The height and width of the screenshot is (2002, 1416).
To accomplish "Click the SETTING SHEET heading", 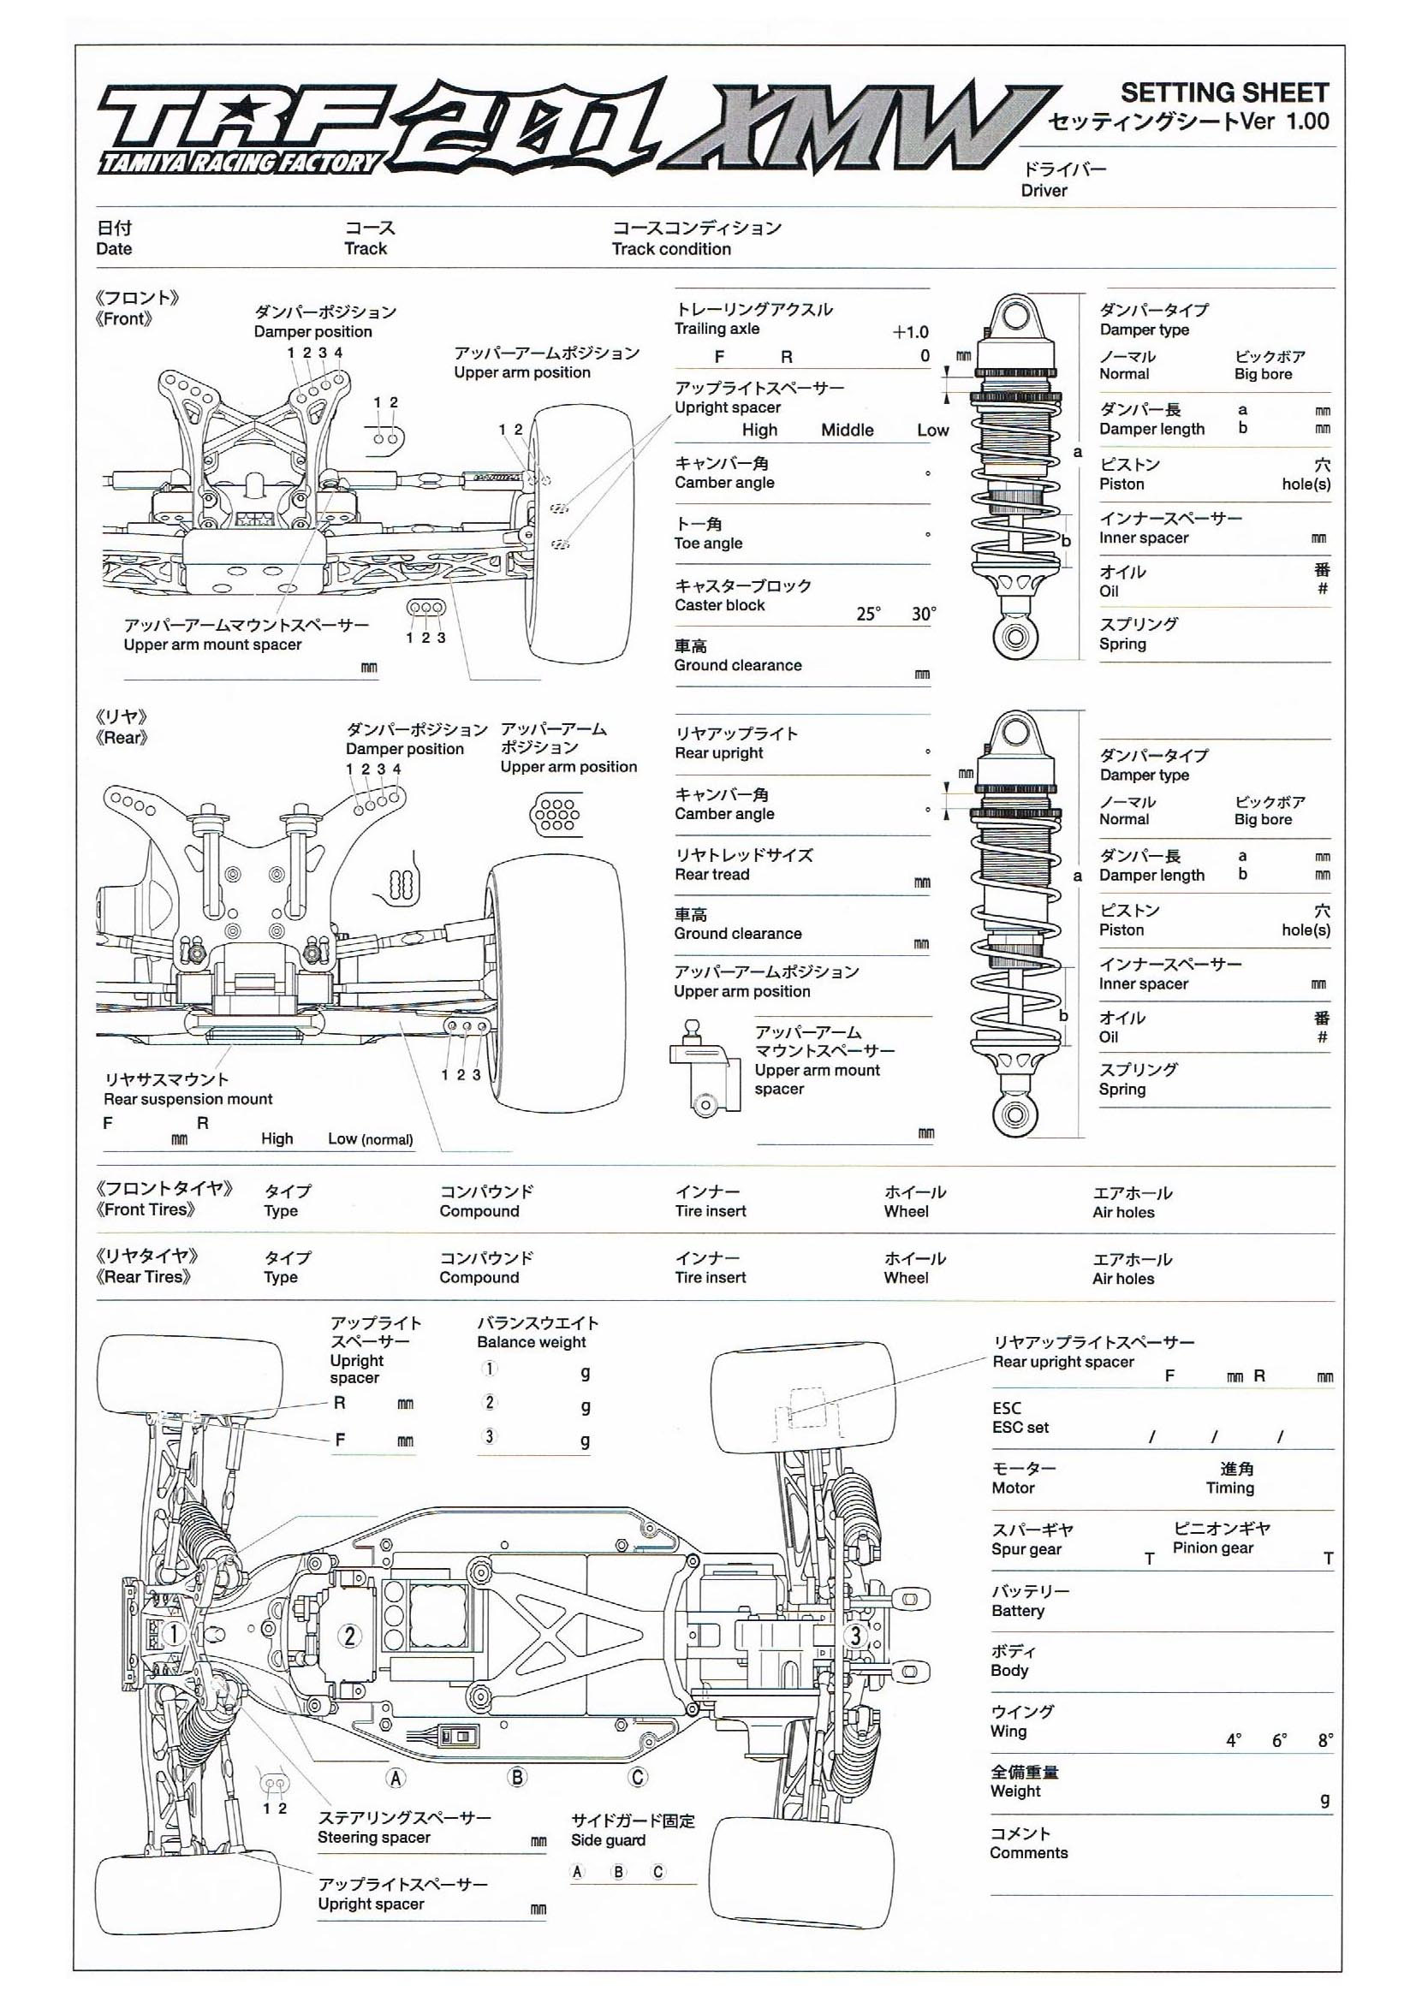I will (1223, 92).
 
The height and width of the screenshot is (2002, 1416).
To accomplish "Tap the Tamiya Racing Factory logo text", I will (241, 162).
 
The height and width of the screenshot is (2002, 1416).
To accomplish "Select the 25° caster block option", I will (867, 614).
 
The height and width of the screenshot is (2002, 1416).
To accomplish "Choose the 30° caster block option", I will (924, 614).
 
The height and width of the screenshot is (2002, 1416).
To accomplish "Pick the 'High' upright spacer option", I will (759, 430).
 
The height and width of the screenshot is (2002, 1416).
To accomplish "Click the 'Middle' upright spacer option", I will (847, 430).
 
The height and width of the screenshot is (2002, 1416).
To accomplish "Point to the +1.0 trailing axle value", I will (910, 332).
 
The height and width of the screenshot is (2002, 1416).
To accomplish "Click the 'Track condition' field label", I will (670, 249).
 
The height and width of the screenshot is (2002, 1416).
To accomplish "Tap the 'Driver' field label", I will (1044, 191).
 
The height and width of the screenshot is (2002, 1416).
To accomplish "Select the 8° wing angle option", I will (1325, 1740).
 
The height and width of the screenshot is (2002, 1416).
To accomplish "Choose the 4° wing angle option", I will (1233, 1740).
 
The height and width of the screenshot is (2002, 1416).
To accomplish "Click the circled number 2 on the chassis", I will (349, 1637).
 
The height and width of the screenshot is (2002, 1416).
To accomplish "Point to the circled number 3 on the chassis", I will (855, 1637).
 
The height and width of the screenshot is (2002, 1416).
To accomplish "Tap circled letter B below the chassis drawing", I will (517, 1777).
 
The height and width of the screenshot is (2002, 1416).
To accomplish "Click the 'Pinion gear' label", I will (1212, 1548).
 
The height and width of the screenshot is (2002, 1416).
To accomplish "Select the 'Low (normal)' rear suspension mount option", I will (370, 1138).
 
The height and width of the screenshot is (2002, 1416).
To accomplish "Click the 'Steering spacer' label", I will (373, 1837).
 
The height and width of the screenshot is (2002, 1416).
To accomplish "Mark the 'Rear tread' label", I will (711, 875).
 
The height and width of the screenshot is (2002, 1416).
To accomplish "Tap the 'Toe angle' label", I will (708, 544).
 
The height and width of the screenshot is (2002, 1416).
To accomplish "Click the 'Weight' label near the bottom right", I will (1015, 1791).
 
